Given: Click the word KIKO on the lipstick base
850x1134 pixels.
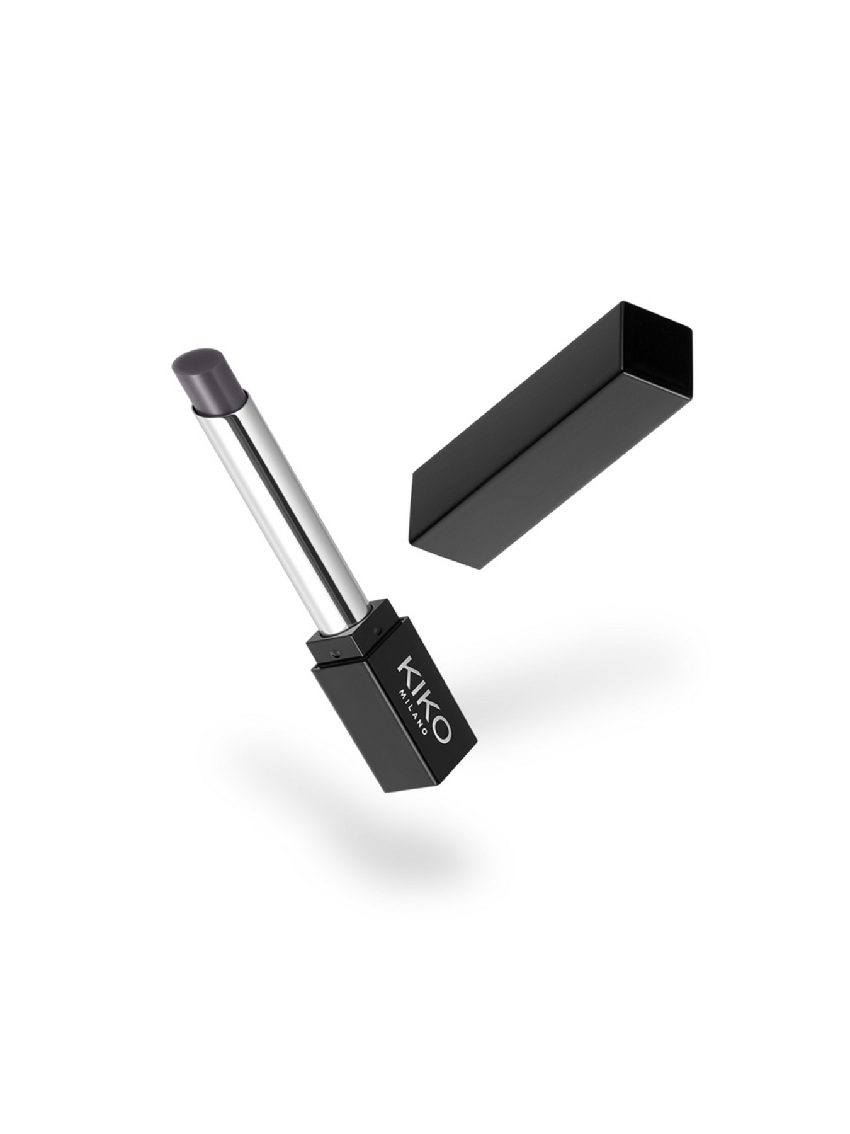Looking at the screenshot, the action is [424, 699].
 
